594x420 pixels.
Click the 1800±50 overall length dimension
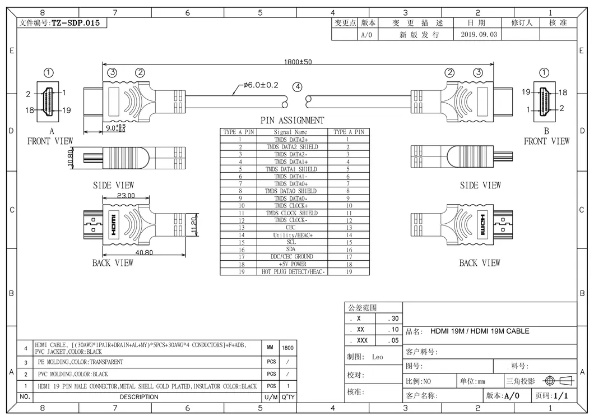click(x=298, y=62)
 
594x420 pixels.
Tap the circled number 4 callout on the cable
click(x=297, y=87)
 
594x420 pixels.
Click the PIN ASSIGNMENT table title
click(x=292, y=121)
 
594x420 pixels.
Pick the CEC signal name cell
click(x=290, y=228)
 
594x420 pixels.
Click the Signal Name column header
click(x=290, y=132)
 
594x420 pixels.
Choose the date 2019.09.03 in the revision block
click(x=479, y=35)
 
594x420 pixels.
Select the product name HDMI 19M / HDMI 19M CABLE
click(x=480, y=331)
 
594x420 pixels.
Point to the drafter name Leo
click(x=378, y=357)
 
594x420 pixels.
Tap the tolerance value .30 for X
click(x=393, y=319)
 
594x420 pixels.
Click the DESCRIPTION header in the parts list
click(x=139, y=397)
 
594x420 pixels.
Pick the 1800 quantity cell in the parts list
click(x=288, y=348)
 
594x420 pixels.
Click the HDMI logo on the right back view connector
click(x=481, y=225)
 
